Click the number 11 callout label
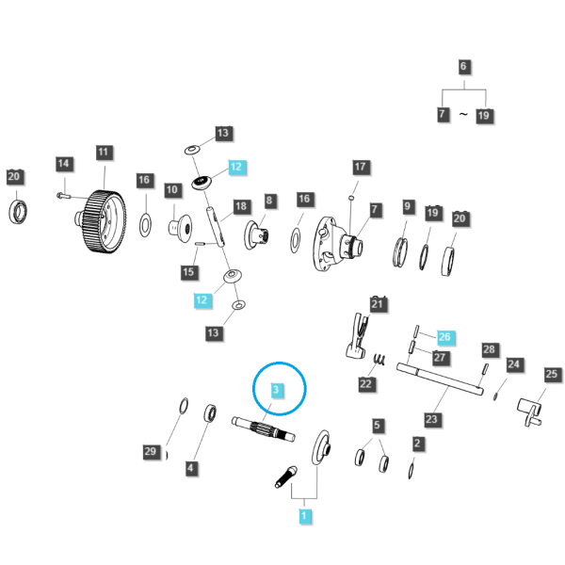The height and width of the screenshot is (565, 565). [104, 153]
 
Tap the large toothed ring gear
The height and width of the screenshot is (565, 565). [102, 221]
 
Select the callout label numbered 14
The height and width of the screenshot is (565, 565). [64, 164]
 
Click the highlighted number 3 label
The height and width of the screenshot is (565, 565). [276, 390]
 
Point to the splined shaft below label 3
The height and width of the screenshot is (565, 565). [264, 428]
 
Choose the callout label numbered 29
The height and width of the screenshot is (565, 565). [151, 451]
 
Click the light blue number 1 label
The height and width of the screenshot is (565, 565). [304, 516]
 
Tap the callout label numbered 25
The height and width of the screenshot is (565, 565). [552, 375]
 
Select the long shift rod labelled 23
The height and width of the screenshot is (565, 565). [440, 379]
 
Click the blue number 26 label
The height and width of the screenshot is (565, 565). [445, 337]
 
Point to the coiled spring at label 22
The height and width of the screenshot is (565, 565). [379, 360]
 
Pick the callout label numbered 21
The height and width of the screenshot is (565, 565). [378, 304]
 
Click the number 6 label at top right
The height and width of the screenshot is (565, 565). [464, 67]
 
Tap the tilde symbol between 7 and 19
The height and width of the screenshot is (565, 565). [463, 115]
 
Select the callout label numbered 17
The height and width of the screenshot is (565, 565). [361, 167]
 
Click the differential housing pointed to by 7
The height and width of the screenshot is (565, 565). [338, 244]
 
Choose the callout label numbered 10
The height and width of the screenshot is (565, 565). [172, 190]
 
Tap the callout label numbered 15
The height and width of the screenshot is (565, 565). [189, 272]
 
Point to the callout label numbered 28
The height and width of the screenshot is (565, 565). [490, 350]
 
